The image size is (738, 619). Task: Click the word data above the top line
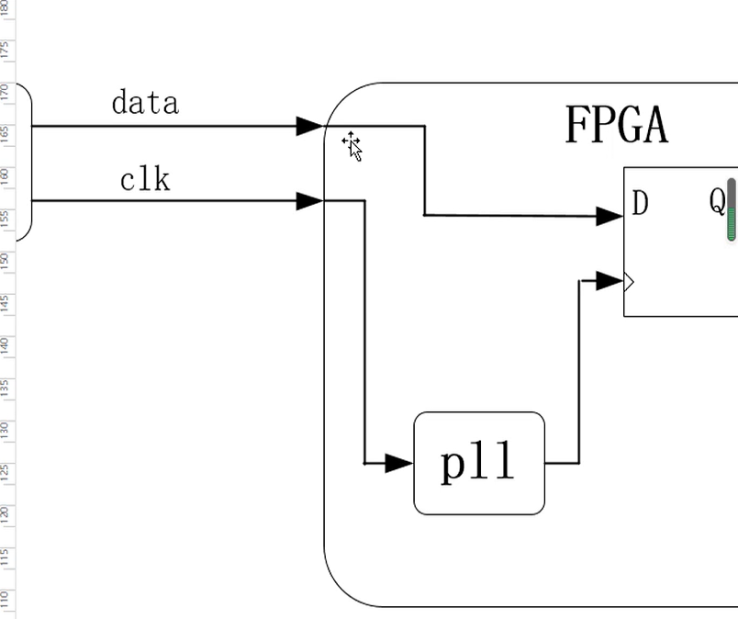[x=145, y=103]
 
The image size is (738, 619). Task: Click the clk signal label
[x=145, y=180]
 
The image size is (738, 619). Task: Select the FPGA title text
[x=616, y=125]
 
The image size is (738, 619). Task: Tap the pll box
[x=479, y=464]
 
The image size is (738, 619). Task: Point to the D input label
[x=641, y=204]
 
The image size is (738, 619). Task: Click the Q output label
[x=717, y=201]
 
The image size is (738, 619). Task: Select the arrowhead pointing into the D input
[x=609, y=216]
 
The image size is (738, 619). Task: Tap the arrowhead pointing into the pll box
[x=399, y=463]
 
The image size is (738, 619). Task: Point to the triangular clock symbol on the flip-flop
[x=629, y=282]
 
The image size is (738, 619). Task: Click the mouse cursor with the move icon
[x=352, y=146]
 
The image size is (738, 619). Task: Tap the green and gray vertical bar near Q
[x=732, y=210]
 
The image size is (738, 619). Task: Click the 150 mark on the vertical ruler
[x=6, y=260]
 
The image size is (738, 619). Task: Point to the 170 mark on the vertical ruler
[x=6, y=92]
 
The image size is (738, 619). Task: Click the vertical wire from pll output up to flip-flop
[x=579, y=372]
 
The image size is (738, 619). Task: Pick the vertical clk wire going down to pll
[x=365, y=331]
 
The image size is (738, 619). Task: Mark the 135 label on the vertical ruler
[x=6, y=388]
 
